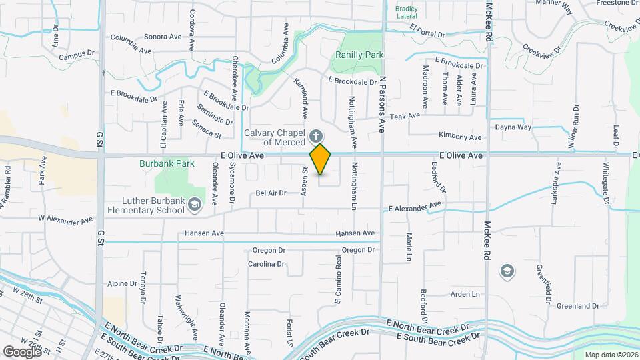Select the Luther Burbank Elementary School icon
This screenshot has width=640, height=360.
[x=194, y=204]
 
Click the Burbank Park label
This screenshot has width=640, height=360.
[x=167, y=163]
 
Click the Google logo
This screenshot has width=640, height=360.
[x=22, y=351]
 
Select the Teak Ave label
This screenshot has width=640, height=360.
[x=405, y=115]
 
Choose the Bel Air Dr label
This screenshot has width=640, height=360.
[x=271, y=193]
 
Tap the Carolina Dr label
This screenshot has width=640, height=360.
[x=266, y=264]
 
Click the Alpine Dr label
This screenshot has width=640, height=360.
[x=123, y=284]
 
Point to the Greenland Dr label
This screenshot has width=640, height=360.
[x=577, y=306]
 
